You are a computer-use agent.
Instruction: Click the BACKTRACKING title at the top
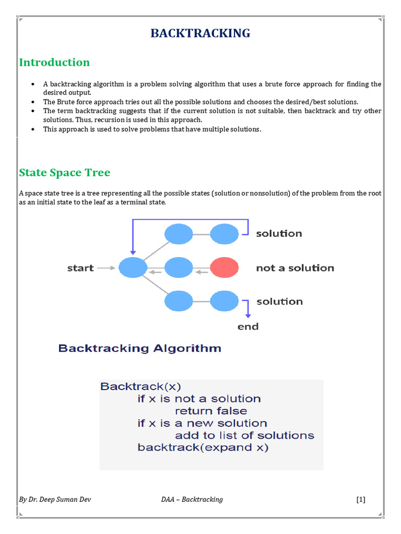coord(200,33)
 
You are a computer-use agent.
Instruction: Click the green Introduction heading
coord(54,63)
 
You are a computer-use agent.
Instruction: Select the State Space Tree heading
coord(65,173)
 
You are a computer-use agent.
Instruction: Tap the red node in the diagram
coord(225,268)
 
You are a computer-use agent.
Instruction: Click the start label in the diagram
coord(80,268)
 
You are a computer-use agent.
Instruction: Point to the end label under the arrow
coord(248,327)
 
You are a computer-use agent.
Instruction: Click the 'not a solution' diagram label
coord(295,268)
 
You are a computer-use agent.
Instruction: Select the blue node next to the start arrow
coord(133,268)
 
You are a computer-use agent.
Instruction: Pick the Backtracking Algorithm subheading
coord(139,348)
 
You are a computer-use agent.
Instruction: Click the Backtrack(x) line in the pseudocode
coord(140,386)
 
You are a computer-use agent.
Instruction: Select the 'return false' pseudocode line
coord(211,411)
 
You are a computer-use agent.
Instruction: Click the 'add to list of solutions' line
coord(244,435)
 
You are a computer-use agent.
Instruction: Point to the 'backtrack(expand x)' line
coord(203,447)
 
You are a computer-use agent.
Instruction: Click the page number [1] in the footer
coord(361,500)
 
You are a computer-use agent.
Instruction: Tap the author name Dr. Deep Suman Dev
coord(56,500)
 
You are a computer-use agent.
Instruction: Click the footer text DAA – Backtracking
coord(192,500)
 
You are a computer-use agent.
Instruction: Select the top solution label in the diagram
coord(279,234)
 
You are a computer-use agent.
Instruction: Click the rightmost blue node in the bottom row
coord(225,301)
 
